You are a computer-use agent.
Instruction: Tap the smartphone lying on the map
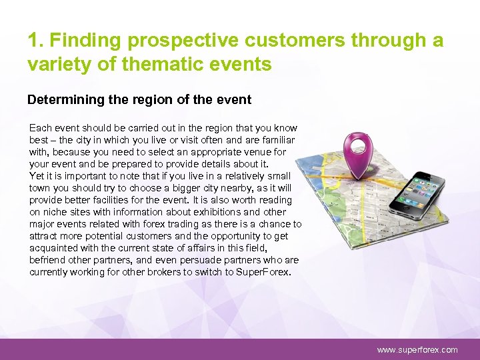tap(418, 198)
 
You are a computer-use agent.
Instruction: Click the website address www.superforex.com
tap(417, 349)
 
